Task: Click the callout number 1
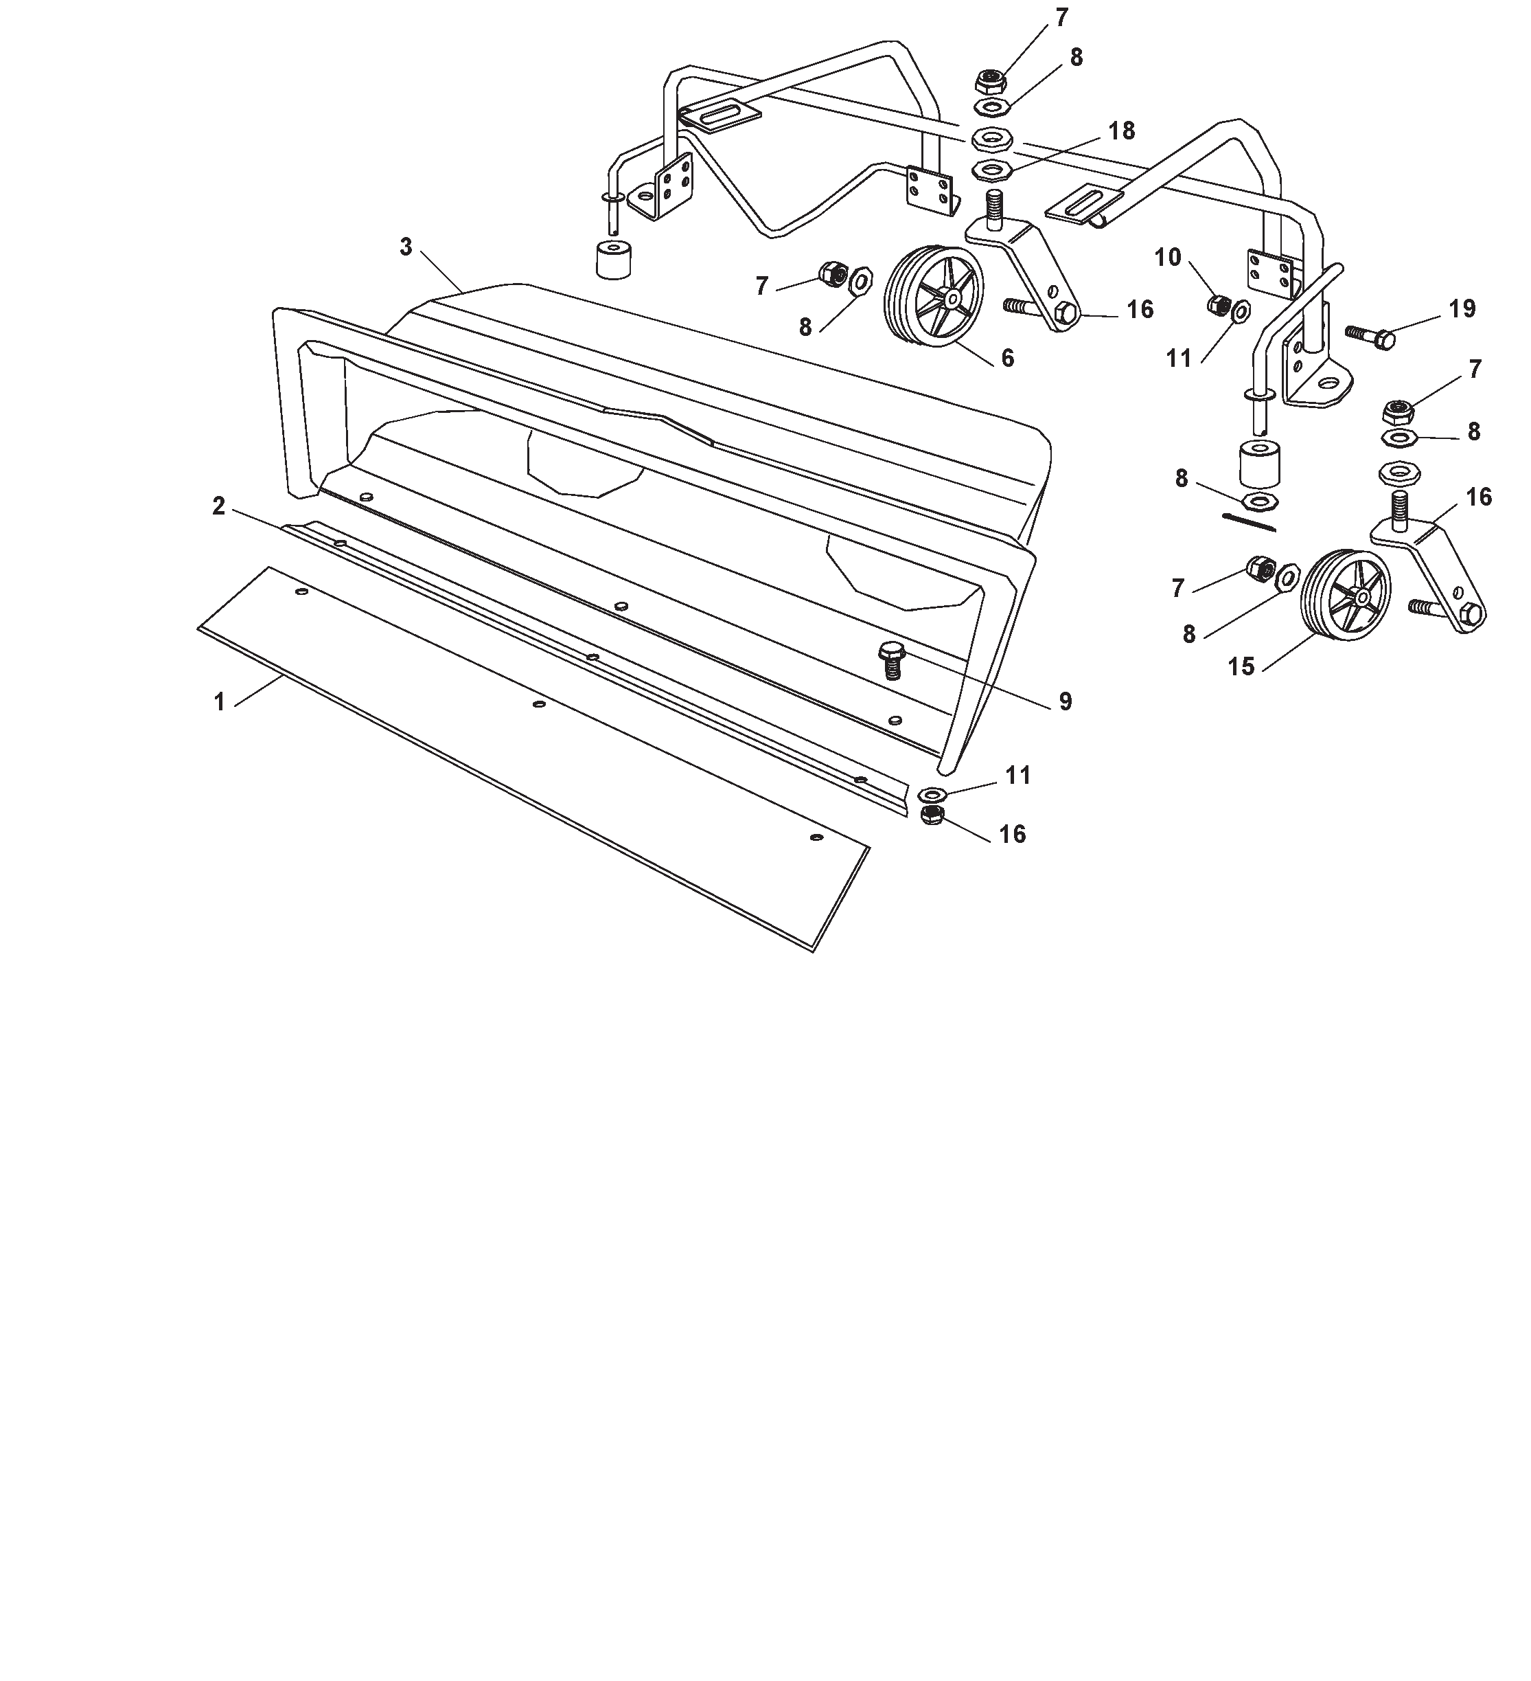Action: point(219,702)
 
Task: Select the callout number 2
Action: point(218,506)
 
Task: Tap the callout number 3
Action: point(406,247)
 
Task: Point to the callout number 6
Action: point(1008,358)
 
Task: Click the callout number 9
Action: point(1065,701)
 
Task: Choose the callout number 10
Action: point(1168,258)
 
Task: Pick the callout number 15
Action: point(1241,666)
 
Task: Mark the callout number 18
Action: point(1122,131)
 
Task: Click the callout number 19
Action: point(1462,308)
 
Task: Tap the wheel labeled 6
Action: point(932,301)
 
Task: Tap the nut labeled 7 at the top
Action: point(990,82)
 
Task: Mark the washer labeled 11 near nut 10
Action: point(1239,311)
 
